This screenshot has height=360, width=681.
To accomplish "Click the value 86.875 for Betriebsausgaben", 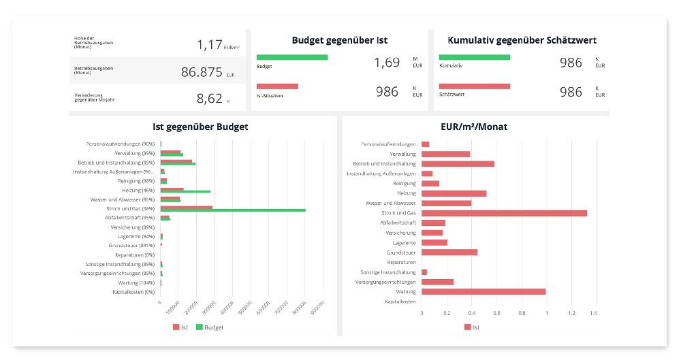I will pos(202,72).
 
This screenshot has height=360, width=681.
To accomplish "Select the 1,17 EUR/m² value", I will pos(210,45).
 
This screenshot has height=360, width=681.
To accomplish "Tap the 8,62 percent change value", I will pos(210,99).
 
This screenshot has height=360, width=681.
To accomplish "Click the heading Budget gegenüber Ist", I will pos(340,40).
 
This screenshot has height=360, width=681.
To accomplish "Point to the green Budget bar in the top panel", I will pos(292,57).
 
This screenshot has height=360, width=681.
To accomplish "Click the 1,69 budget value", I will pos(387,63).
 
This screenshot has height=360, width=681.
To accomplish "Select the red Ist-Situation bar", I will pos(277,86).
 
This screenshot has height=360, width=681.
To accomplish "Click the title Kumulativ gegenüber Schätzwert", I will pos(522,40).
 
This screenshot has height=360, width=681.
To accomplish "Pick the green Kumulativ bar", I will pos(475,57).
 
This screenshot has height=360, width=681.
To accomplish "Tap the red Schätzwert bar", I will pos(475,86).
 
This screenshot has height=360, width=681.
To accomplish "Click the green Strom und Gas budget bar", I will pos(233,210).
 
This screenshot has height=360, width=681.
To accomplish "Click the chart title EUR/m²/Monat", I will pos(474,127).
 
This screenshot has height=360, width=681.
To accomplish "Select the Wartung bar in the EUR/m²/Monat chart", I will pos(484,291).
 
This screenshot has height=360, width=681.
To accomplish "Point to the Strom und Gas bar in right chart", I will pos(504,213).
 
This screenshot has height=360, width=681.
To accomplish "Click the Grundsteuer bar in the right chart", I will pos(449,252).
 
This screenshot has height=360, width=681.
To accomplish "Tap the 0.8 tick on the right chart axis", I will pos(522,313).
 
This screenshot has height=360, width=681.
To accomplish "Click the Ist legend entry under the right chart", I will pos(472,327).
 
